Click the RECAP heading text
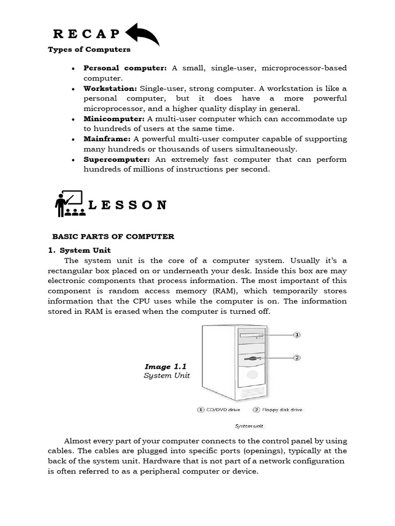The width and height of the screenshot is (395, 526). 86,34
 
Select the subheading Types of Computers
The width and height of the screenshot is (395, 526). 89,50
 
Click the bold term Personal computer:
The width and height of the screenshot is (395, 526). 125,68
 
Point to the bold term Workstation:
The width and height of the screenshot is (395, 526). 110,88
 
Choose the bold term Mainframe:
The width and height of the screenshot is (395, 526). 107,139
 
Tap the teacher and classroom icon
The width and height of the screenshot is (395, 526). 68,204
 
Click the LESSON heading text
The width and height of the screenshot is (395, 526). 128,205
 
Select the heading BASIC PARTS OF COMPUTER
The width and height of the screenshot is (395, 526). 114,237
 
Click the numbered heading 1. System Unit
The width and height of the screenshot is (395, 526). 77,251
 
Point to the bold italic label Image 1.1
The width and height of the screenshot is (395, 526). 165,366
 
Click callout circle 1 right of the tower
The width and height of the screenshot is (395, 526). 297,334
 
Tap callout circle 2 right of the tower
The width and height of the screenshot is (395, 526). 297,357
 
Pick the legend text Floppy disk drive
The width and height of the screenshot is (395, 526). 282,409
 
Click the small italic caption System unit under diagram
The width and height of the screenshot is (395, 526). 249,426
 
